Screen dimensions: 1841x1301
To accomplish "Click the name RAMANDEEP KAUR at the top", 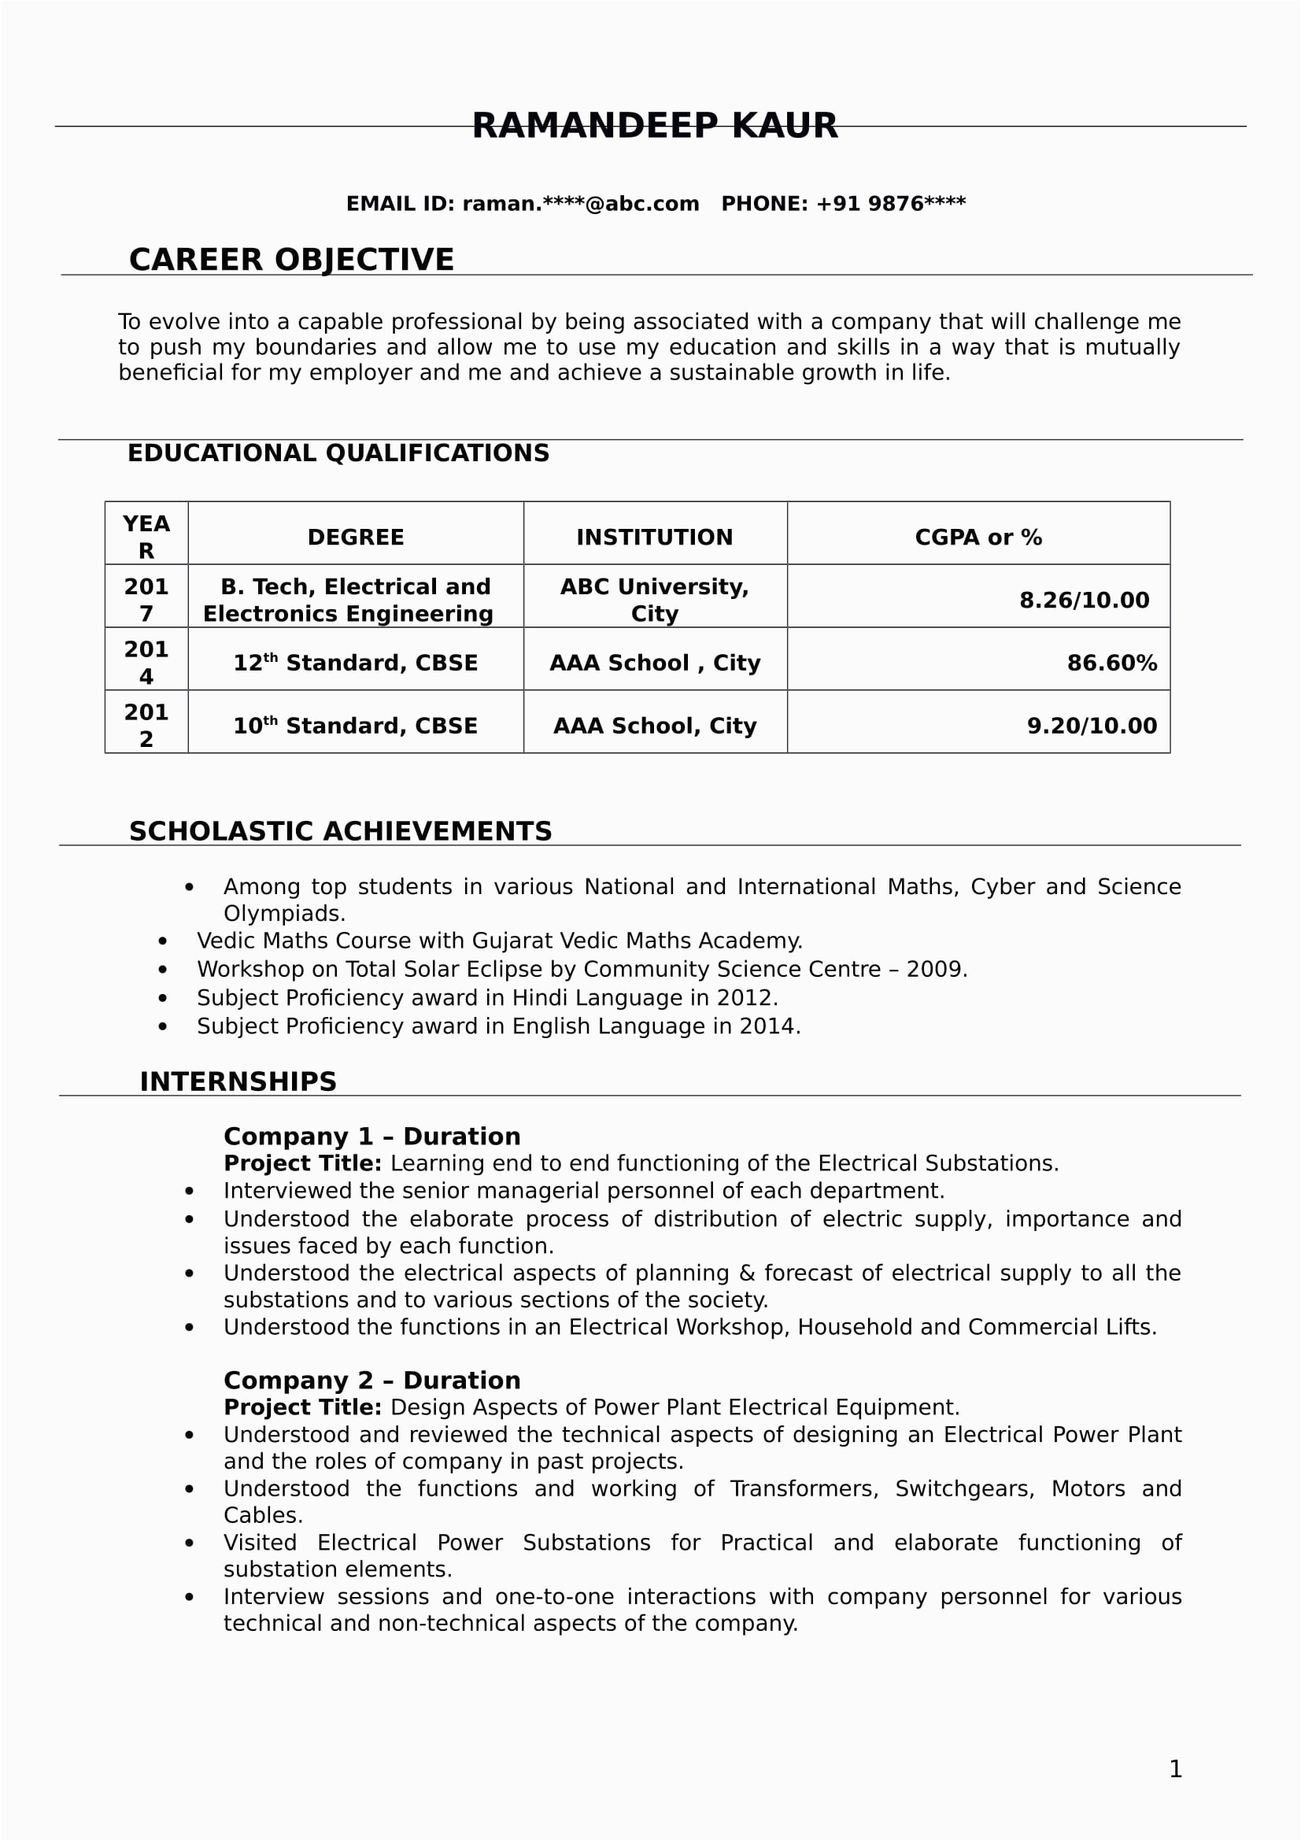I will click(654, 126).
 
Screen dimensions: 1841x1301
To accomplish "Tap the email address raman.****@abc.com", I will click(580, 204).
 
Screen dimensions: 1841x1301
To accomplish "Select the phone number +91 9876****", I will click(891, 204).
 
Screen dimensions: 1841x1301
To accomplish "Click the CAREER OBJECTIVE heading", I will click(291, 260).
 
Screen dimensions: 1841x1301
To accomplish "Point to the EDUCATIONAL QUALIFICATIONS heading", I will click(338, 453).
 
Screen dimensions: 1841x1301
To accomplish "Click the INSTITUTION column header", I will click(654, 538).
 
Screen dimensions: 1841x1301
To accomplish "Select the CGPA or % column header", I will click(978, 538).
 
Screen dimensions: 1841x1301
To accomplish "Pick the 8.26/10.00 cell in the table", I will click(1084, 600).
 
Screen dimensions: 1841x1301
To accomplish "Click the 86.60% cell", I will click(1111, 663).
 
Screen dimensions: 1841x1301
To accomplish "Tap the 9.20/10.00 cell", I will click(1092, 726).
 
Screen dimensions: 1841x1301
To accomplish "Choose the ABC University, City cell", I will click(654, 600).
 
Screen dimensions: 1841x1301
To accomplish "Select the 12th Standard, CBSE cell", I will click(355, 663).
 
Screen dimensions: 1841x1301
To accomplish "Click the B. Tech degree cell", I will click(355, 600).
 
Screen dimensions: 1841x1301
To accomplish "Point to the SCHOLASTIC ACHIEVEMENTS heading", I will click(341, 831).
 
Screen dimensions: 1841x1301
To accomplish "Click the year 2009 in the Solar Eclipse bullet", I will click(935, 970).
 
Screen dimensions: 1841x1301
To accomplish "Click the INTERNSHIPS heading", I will click(238, 1081).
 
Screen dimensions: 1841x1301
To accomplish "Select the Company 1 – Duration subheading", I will click(372, 1137).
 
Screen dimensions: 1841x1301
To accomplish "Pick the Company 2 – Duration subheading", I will click(372, 1381).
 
